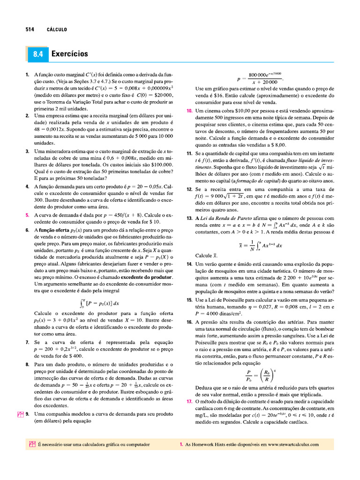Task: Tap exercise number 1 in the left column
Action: [x=28, y=75]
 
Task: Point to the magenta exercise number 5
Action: [x=28, y=215]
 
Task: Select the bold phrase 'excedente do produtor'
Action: [x=148, y=277]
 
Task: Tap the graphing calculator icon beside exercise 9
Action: [x=20, y=414]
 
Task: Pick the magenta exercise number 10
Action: [x=189, y=111]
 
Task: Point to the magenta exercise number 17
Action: [x=189, y=402]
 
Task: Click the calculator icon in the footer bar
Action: [x=32, y=444]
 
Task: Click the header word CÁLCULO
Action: [x=57, y=30]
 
